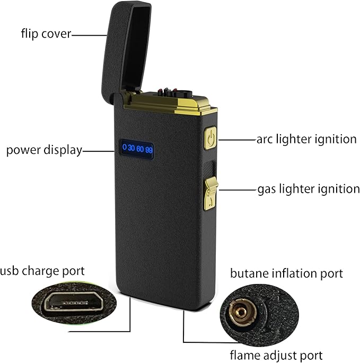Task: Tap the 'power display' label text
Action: (x=44, y=150)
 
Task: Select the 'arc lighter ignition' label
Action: (x=306, y=140)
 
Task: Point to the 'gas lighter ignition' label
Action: (x=309, y=189)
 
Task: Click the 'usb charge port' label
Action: (x=42, y=272)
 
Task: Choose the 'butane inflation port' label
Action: (x=286, y=274)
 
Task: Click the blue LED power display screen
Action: (x=137, y=147)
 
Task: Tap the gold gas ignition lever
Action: (x=211, y=191)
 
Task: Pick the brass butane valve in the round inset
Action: (x=241, y=312)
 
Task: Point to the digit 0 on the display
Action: (x=125, y=147)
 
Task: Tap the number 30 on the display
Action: (x=132, y=147)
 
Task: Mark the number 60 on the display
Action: (x=141, y=147)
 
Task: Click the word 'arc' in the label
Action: (x=266, y=140)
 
